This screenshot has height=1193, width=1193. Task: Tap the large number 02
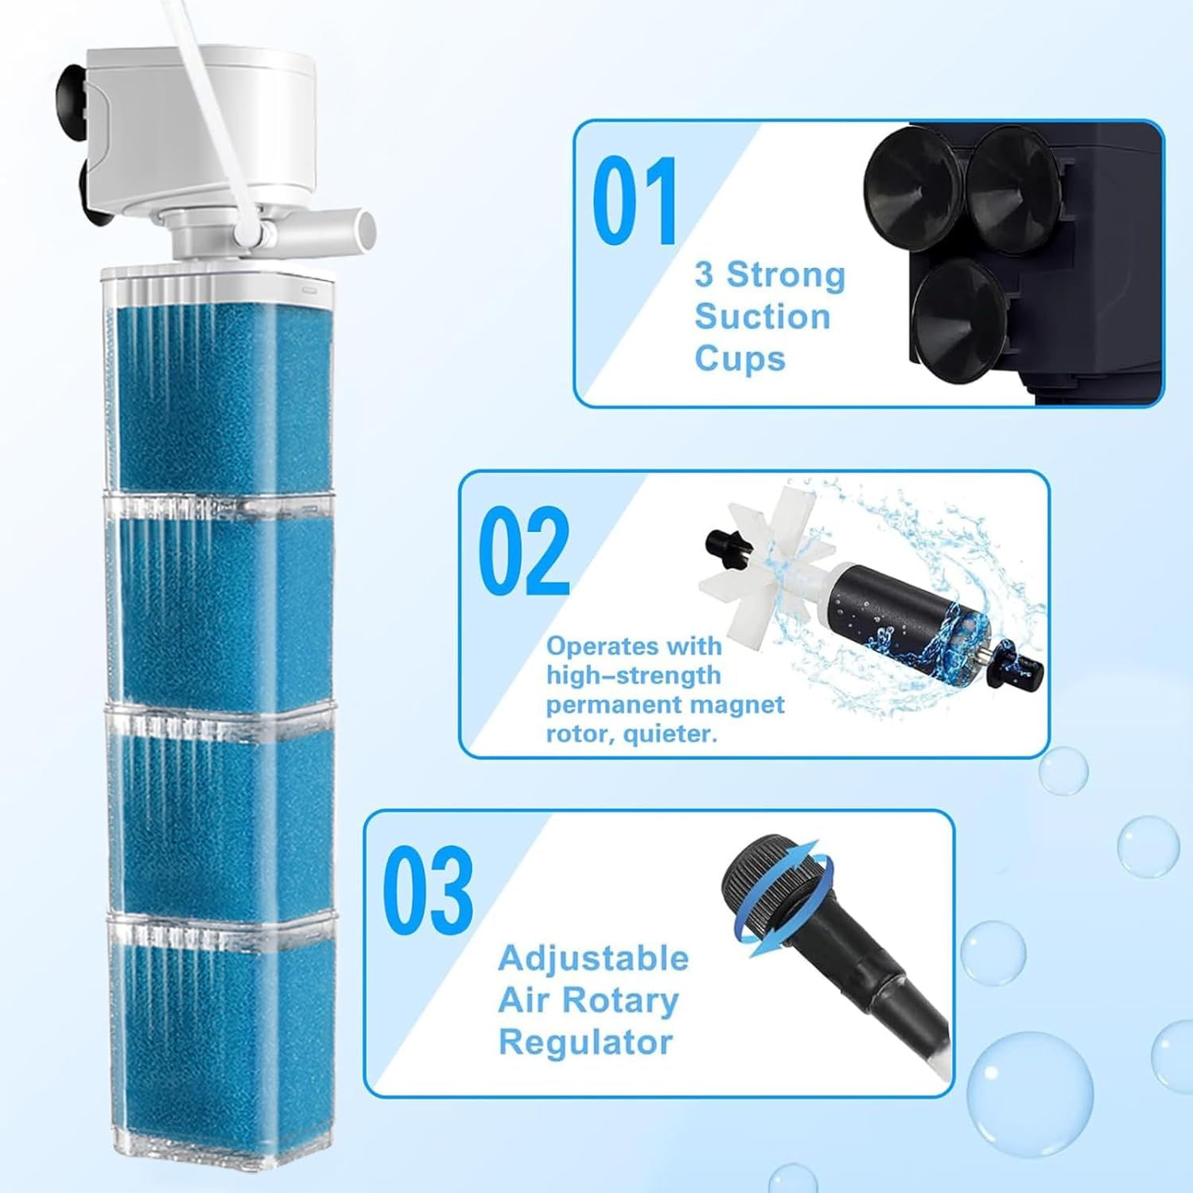tap(524, 551)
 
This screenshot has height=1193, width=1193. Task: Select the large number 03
tap(428, 892)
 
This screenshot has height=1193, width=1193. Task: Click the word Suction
tap(762, 317)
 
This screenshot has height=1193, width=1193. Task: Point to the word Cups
tap(740, 359)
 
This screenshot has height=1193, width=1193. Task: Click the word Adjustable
tap(593, 958)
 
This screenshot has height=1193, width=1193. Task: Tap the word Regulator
tap(585, 1042)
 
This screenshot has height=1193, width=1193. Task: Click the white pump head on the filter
tap(203, 127)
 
